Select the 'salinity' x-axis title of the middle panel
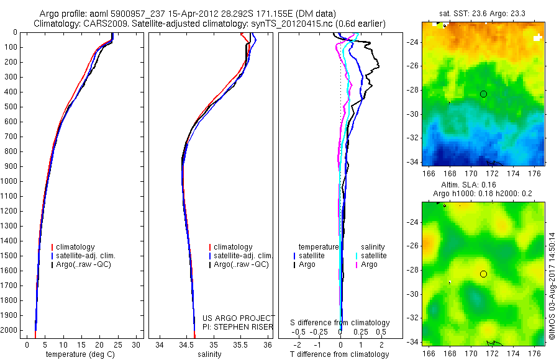pyautogui.click(x=209, y=354)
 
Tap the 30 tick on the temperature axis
pyautogui.click(x=136, y=344)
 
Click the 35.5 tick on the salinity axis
pyautogui.click(x=240, y=344)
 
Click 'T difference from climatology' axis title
pyautogui.click(x=339, y=354)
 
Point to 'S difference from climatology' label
pyautogui.click(x=340, y=323)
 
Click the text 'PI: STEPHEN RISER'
pyautogui.click(x=239, y=326)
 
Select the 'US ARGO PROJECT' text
pyautogui.click(x=239, y=318)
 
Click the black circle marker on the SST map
pyautogui.click(x=483, y=94)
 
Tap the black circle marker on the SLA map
pyautogui.click(x=483, y=274)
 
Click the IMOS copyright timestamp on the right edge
pyautogui.click(x=552, y=286)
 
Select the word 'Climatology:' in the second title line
pyautogui.click(x=58, y=24)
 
